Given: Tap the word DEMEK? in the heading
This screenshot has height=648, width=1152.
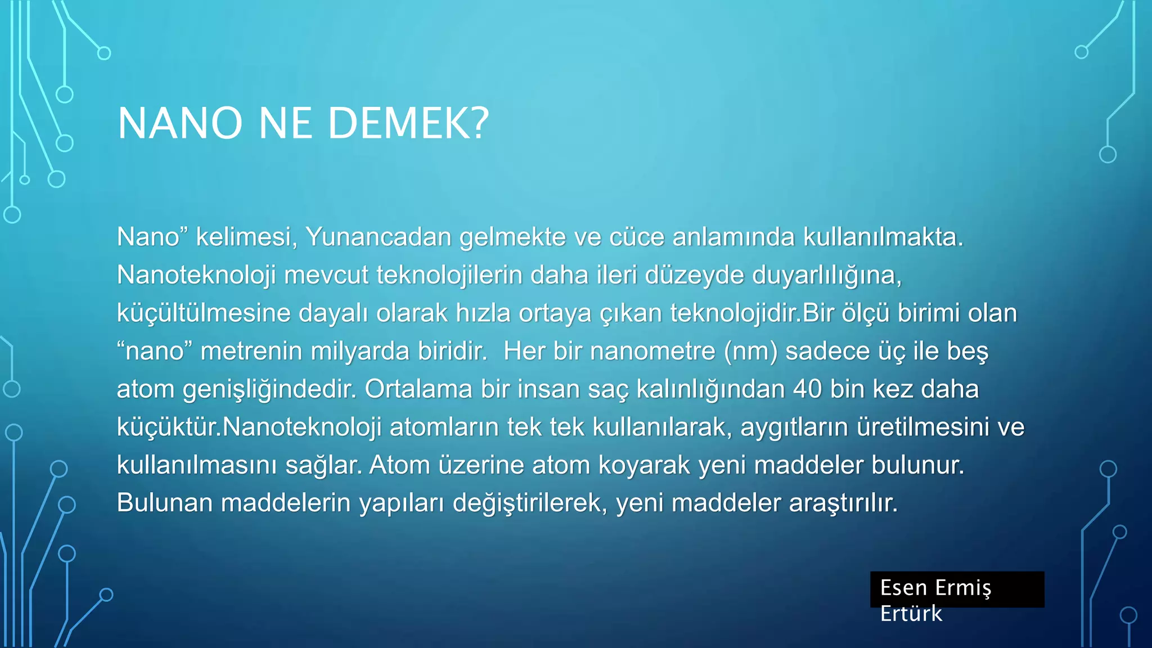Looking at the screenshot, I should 408,124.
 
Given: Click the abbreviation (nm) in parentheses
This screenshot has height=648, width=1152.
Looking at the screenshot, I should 750,352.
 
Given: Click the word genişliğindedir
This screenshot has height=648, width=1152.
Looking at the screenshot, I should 269,389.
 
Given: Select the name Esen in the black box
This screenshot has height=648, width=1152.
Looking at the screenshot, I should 903,588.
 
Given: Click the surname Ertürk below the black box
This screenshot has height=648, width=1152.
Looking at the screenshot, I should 911,614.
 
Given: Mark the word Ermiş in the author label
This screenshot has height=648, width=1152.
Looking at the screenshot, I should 962,588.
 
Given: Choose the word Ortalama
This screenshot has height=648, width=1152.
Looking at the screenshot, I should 418,389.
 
